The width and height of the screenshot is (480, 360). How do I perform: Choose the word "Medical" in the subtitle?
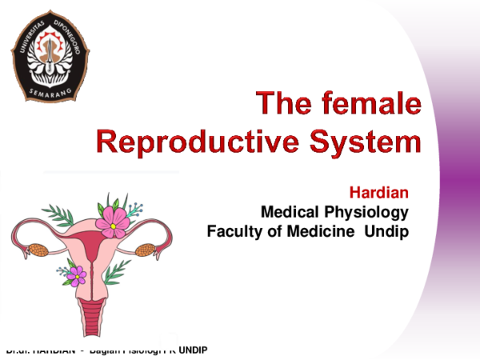(x=290, y=212)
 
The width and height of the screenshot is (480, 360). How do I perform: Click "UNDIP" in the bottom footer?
(x=193, y=350)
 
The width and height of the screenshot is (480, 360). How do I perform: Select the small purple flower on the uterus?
(x=75, y=275)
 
